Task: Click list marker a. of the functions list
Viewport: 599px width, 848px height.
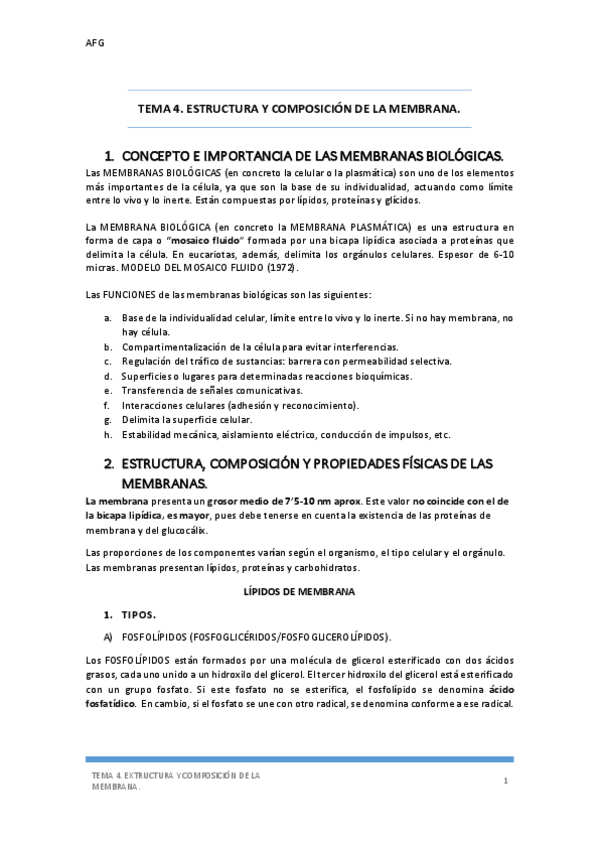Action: pyautogui.click(x=107, y=317)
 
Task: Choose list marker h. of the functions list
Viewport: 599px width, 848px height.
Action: pyautogui.click(x=107, y=435)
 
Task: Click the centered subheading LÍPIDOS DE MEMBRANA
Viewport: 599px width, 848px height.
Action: pyautogui.click(x=299, y=591)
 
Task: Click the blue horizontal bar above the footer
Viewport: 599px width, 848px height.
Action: pyautogui.click(x=299, y=759)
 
